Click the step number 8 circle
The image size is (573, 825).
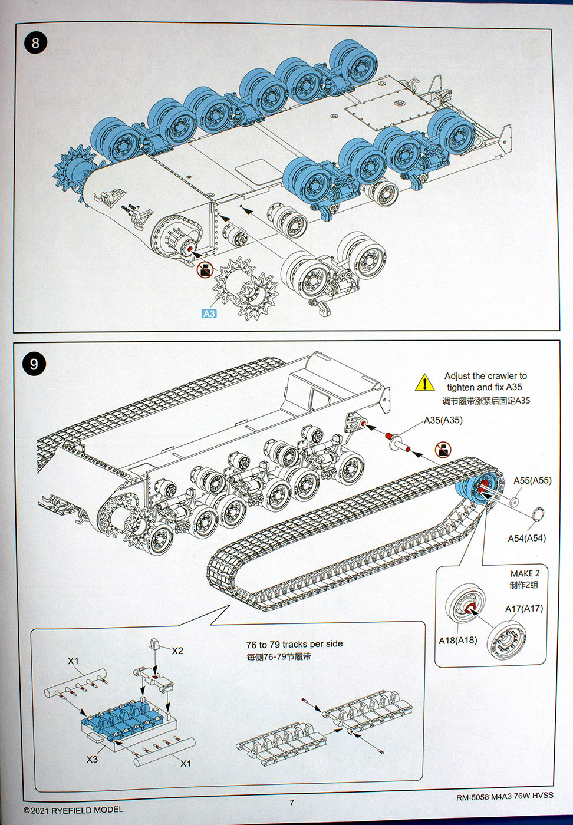tap(36, 43)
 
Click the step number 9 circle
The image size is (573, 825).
tap(34, 364)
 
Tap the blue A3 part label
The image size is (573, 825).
tap(209, 313)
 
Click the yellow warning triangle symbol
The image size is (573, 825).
tap(424, 382)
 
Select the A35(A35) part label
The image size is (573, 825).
tap(443, 420)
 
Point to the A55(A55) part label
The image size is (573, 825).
tap(532, 480)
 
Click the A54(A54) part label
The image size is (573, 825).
tap(526, 538)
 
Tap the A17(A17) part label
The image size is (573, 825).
tap(523, 609)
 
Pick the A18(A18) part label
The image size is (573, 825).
tap(457, 640)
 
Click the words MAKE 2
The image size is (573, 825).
tap(525, 573)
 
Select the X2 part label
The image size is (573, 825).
tap(177, 651)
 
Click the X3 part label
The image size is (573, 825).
tap(92, 759)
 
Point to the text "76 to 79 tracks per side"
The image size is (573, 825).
tap(294, 644)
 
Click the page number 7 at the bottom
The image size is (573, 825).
tap(291, 802)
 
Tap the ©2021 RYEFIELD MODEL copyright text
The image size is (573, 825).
tap(74, 810)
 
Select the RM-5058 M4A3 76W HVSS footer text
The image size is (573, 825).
tap(505, 797)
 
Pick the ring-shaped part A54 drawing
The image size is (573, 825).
tap(536, 513)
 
